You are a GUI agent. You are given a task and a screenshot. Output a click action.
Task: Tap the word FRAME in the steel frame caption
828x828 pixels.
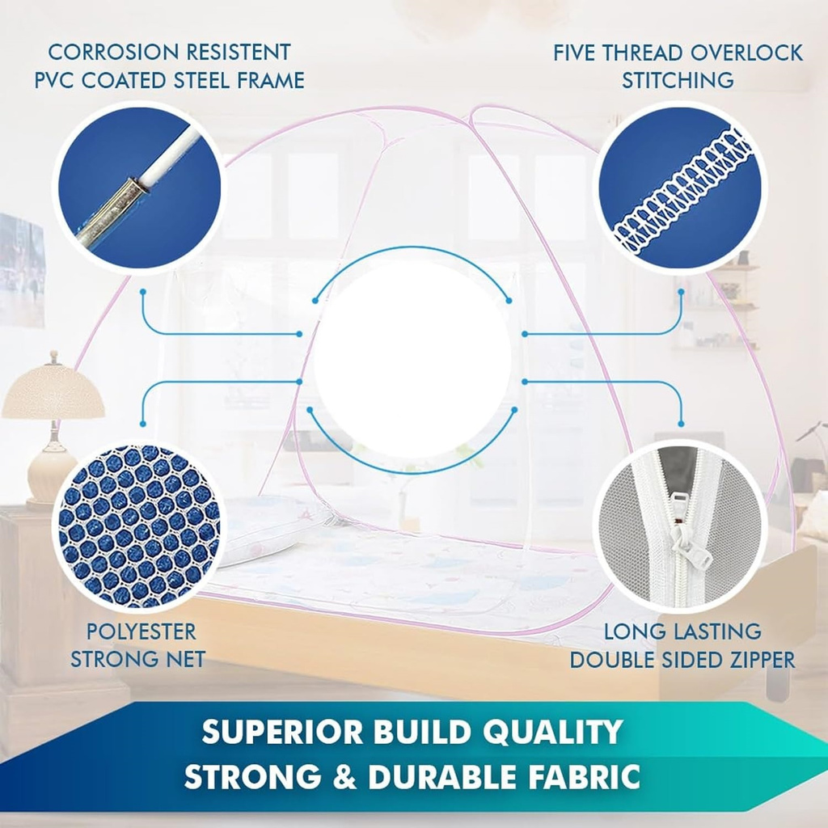pyautogui.click(x=270, y=80)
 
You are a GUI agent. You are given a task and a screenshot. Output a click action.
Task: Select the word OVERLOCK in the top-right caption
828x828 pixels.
pyautogui.click(x=746, y=53)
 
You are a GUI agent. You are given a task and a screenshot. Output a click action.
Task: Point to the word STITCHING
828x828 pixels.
pyautogui.click(x=678, y=80)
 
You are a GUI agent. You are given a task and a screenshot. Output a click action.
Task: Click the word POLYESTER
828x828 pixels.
pyautogui.click(x=141, y=632)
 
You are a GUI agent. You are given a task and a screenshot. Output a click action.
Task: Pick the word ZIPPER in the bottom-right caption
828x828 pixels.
pyautogui.click(x=758, y=660)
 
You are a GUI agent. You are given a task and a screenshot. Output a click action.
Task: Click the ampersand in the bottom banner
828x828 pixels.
pyautogui.click(x=344, y=777)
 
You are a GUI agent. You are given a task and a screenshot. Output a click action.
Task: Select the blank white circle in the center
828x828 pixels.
pyautogui.click(x=412, y=359)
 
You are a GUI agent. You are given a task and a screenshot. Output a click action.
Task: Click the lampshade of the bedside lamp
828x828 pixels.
pyautogui.click(x=53, y=390)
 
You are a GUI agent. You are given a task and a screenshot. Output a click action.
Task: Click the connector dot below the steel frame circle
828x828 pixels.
pyautogui.click(x=142, y=291)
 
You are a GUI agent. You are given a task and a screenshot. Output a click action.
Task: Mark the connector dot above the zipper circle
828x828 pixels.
pyautogui.click(x=681, y=424)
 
